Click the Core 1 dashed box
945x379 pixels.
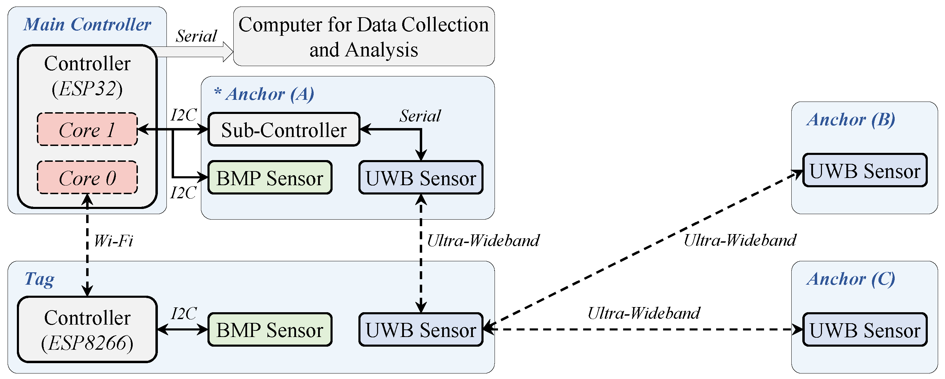pyautogui.click(x=87, y=129)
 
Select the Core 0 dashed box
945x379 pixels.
pyautogui.click(x=87, y=178)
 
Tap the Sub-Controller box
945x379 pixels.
pyautogui.click(x=284, y=130)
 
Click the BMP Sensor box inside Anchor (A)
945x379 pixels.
pyautogui.click(x=270, y=178)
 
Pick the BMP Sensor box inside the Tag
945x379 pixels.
pyautogui.click(x=270, y=329)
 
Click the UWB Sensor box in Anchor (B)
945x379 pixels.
pyautogui.click(x=865, y=170)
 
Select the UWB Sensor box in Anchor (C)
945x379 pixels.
pyautogui.click(x=865, y=329)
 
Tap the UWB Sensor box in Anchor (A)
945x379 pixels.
pyautogui.click(x=420, y=178)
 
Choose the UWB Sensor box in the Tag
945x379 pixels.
pyautogui.click(x=420, y=329)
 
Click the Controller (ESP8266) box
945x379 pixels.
pyautogui.click(x=87, y=329)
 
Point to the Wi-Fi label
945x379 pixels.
pyautogui.click(x=113, y=241)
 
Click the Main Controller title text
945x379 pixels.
pyautogui.click(x=87, y=24)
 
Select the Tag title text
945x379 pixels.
pyautogui.click(x=39, y=279)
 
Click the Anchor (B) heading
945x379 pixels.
pyautogui.click(x=851, y=119)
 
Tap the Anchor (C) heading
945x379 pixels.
pyautogui.click(x=851, y=279)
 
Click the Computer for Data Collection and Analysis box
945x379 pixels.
pyautogui.click(x=364, y=36)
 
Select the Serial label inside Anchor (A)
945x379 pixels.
pyautogui.click(x=420, y=116)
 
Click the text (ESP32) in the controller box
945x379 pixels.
pyautogui.click(x=87, y=88)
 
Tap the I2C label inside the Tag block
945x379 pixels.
pyautogui.click(x=183, y=314)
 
